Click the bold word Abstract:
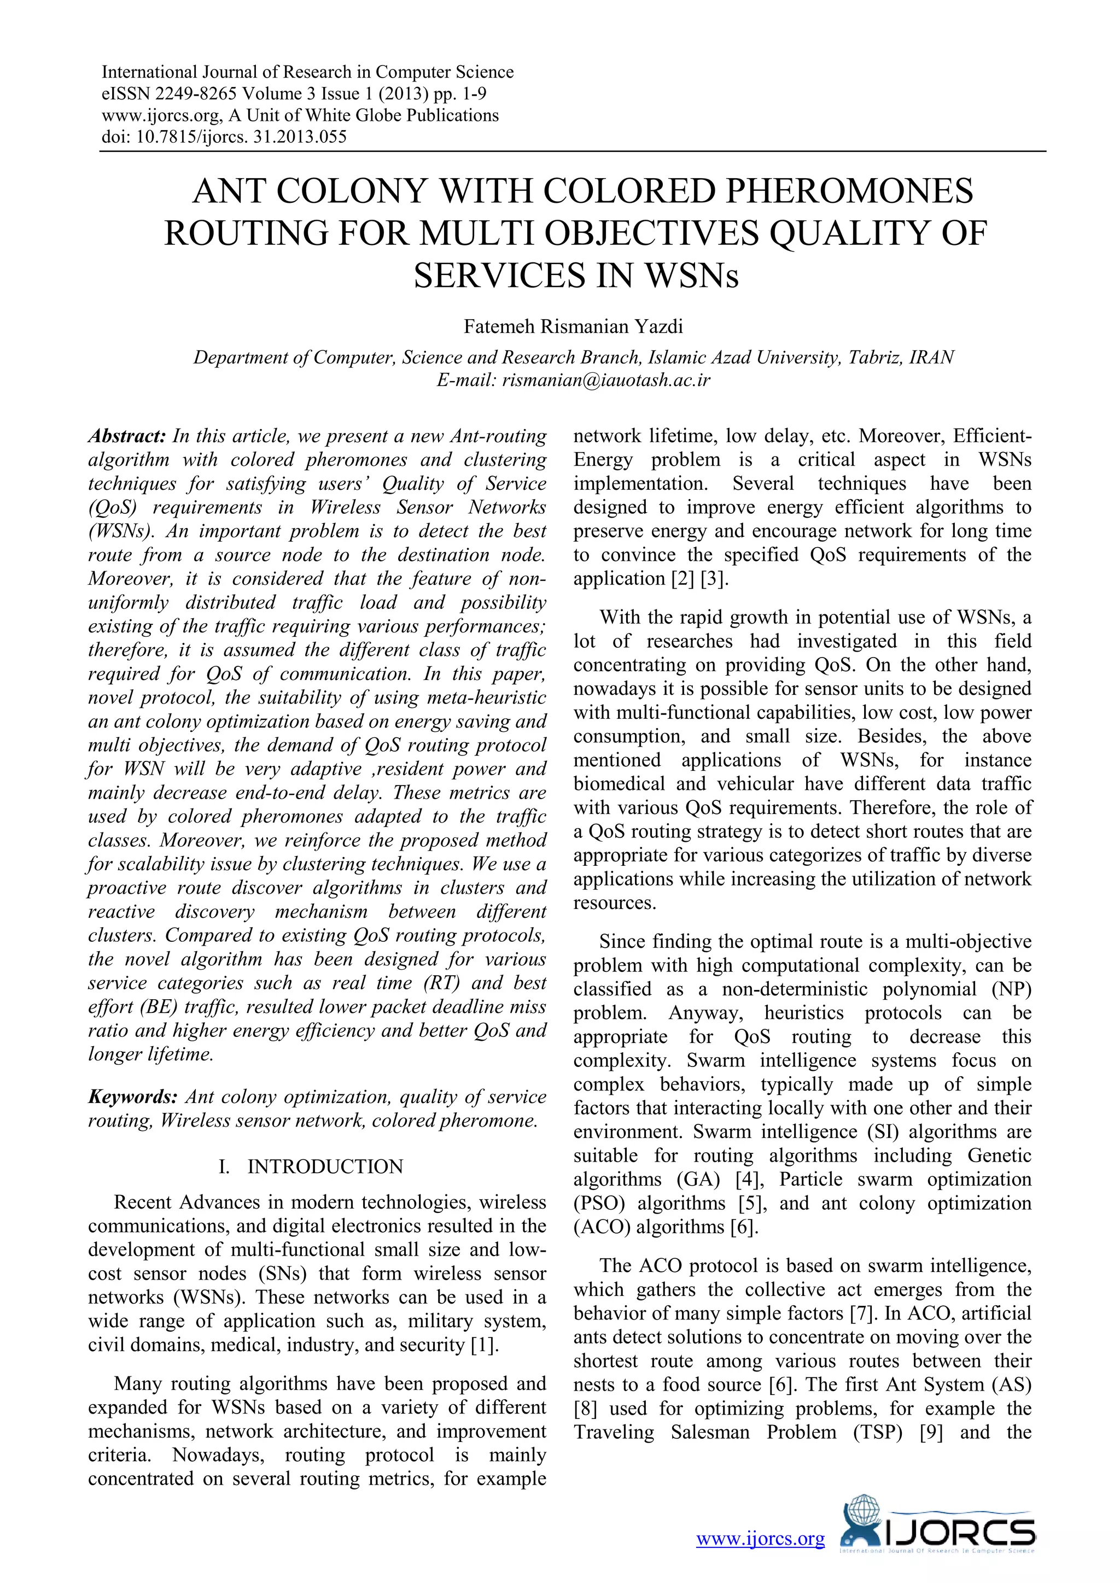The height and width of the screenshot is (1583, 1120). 127,436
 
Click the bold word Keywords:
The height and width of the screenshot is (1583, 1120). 133,1097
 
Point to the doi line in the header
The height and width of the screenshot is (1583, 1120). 224,137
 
